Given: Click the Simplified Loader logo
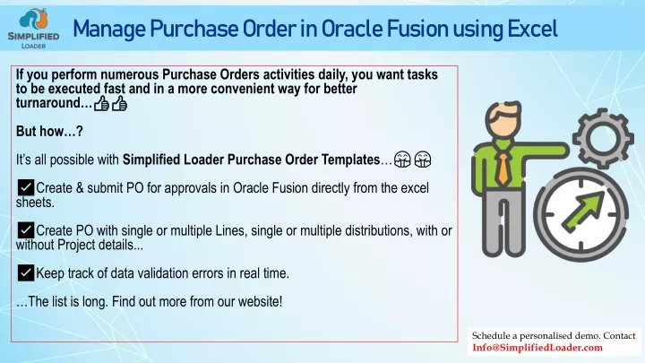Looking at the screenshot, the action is click(33, 29).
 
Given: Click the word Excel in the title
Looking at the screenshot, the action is click(532, 30).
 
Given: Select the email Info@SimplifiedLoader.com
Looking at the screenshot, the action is click(537, 348).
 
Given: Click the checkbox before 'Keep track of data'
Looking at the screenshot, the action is click(25, 272).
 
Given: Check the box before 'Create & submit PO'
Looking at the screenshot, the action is click(25, 187).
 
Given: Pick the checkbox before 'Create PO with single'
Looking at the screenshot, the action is click(25, 230).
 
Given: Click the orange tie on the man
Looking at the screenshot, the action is click(503, 169).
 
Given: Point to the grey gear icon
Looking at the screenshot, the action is click(603, 138).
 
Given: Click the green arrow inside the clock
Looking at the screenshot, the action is click(583, 212).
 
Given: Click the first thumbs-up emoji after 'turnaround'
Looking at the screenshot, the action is click(101, 103).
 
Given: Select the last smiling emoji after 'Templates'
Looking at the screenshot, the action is click(423, 160).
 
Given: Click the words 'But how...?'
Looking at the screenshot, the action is click(49, 131).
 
